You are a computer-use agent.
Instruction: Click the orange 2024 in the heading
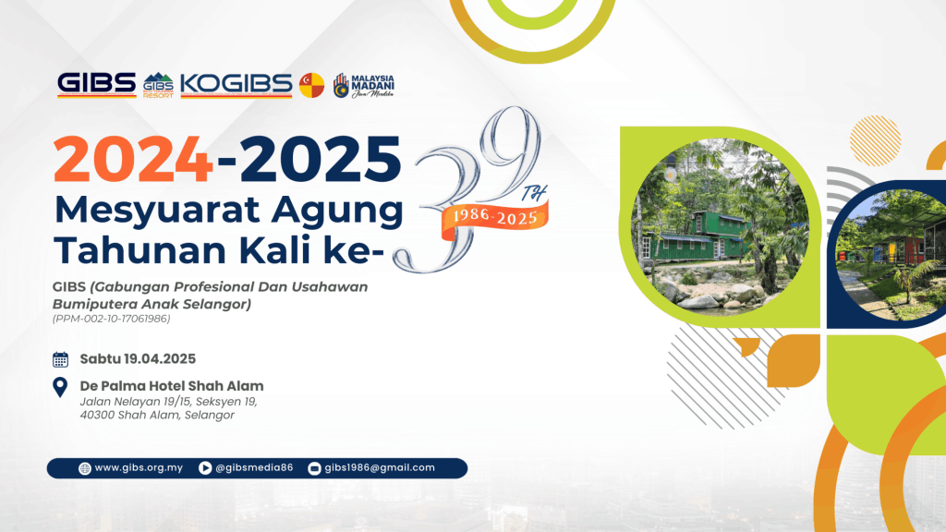133,159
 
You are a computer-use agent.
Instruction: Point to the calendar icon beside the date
60,359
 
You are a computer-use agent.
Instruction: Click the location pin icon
60,387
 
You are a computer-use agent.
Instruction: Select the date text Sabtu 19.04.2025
139,359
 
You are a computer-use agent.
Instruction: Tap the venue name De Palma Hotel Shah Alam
172,386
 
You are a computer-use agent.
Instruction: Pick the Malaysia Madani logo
364,86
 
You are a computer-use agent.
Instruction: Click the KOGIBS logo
236,85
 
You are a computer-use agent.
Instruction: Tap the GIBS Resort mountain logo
158,86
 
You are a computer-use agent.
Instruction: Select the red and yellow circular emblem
312,86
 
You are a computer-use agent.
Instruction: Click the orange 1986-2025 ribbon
495,217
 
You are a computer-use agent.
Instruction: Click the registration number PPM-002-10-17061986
112,319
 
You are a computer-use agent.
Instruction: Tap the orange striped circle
875,141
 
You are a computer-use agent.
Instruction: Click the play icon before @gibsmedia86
205,468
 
